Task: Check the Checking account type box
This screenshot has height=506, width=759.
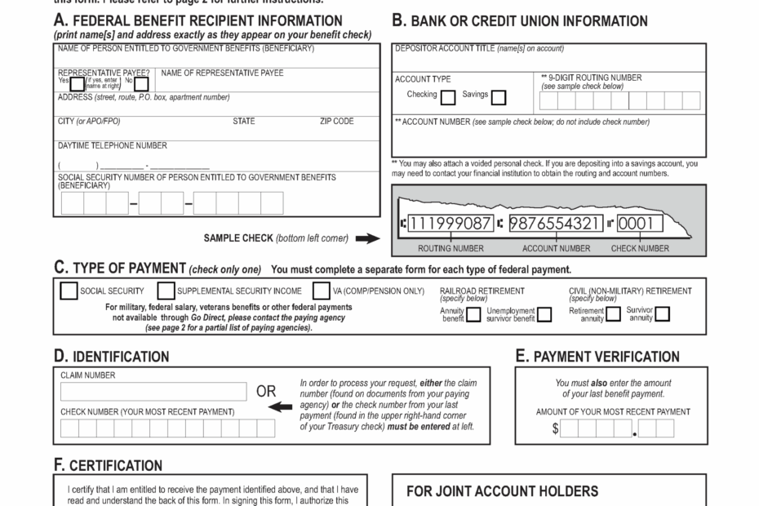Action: coord(448,98)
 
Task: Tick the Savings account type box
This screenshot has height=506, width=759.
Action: coord(498,98)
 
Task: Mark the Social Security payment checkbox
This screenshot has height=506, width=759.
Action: coord(69,291)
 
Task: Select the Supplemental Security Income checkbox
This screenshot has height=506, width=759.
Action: coord(166,291)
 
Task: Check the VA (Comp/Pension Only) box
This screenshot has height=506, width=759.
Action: coord(322,291)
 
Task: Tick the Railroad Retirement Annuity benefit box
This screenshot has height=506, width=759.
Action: coord(473,315)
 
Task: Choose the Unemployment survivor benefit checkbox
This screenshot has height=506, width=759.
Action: coord(544,315)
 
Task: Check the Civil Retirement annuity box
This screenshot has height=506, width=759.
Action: coord(613,315)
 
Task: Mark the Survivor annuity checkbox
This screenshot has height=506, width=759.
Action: coord(662,315)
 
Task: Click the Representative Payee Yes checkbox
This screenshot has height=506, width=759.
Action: coord(78,83)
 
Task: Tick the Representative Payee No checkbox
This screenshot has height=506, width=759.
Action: coord(141,83)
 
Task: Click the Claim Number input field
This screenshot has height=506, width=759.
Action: coord(153,392)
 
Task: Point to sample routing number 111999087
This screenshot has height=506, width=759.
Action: coord(451,223)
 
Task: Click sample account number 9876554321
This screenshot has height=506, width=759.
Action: coord(556,223)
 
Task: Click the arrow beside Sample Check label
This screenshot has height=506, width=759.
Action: coord(368,239)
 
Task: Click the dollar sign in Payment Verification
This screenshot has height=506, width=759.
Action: coord(555,429)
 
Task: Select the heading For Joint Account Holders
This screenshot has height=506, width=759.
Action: coord(502,491)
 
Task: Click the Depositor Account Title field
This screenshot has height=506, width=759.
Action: coord(549,60)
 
